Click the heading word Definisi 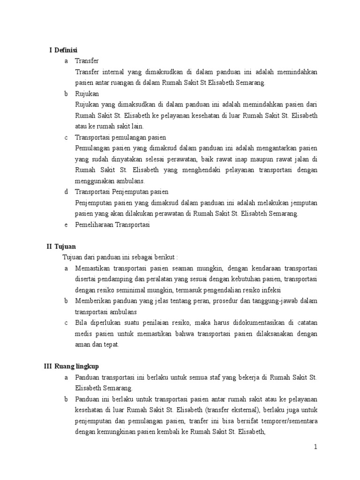pos(66,50)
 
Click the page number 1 pos(316,447)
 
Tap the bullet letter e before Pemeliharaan pos(66,225)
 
